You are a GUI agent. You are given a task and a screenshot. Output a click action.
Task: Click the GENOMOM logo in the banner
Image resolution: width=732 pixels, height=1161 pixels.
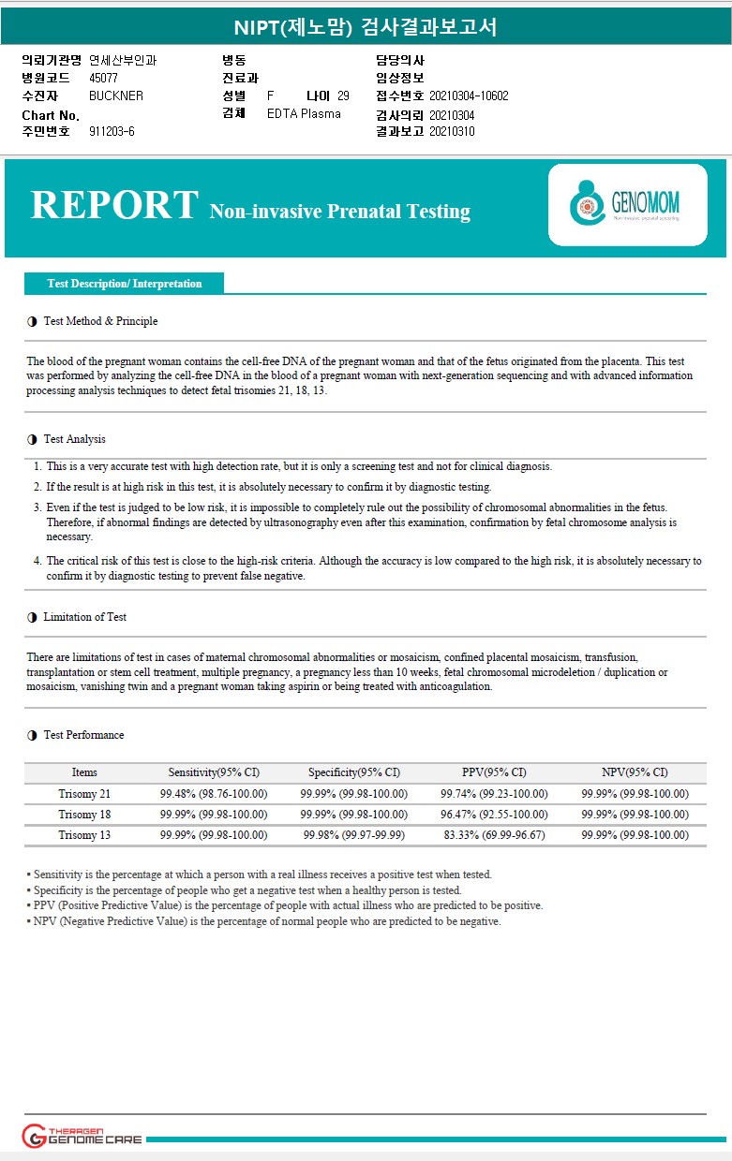point(627,205)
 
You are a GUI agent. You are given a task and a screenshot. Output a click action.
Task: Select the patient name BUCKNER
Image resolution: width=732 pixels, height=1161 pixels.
point(116,96)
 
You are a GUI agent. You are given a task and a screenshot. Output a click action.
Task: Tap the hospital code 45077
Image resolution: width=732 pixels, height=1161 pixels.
point(103,78)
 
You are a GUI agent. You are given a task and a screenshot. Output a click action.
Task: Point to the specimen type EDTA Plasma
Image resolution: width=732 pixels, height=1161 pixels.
point(304,113)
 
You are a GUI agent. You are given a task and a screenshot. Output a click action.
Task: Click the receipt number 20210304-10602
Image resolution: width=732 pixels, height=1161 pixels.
point(469,96)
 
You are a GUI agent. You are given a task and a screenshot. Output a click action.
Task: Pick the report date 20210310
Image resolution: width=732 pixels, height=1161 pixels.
point(452,131)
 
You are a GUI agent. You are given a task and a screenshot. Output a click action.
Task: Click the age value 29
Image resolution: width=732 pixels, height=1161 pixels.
point(343,96)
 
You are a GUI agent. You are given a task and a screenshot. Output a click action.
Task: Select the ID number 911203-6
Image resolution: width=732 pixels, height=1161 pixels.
point(112,131)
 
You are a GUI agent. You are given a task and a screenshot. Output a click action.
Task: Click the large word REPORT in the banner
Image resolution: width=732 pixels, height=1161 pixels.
point(114,205)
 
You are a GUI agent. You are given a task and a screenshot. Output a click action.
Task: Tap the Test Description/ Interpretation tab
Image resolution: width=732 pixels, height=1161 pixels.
point(125,284)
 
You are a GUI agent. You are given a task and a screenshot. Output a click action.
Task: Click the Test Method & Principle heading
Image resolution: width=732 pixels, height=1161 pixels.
point(100,321)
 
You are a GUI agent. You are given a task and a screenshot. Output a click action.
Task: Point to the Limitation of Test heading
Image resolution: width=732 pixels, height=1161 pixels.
point(84,617)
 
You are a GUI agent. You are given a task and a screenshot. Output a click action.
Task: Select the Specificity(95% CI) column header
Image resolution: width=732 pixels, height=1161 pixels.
point(354,772)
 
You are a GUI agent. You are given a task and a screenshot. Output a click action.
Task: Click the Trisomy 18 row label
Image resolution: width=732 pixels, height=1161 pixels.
point(84,815)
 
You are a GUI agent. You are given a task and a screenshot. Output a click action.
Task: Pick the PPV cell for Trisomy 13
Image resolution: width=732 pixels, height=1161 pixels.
point(494,835)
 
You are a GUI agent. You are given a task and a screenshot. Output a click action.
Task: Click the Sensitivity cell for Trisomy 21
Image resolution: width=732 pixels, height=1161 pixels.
point(214,794)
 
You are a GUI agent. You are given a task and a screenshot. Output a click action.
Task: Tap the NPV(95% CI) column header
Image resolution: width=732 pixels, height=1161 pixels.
point(635,772)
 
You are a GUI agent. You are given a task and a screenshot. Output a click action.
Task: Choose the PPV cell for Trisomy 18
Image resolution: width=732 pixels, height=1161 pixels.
point(494,815)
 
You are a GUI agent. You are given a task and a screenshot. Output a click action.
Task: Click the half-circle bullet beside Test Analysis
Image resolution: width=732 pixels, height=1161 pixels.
point(33,440)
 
